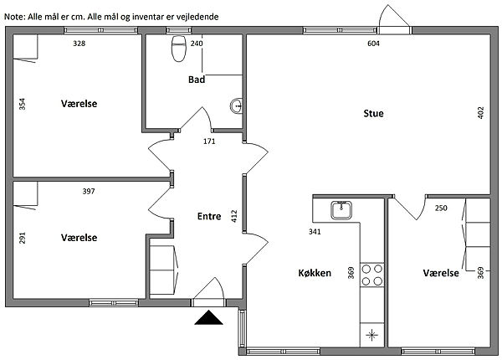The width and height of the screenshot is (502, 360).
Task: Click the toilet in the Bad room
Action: coord(179,49)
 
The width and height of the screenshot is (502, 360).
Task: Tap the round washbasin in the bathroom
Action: coord(237,105)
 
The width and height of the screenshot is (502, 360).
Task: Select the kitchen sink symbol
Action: coord(341,210)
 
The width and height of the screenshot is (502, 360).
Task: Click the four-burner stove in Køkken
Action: coord(372,275)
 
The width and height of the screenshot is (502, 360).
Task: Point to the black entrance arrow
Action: coord(208,317)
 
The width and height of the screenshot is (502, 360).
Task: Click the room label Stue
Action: coord(373,113)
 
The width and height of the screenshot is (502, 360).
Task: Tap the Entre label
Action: coord(209,216)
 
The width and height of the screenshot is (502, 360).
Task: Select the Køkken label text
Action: coord(315,273)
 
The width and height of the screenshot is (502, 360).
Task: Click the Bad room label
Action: coord(197,80)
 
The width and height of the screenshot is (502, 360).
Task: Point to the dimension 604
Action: coord(373,44)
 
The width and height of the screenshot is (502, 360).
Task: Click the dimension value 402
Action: coord(480,113)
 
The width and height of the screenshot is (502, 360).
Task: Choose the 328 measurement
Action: coord(79,44)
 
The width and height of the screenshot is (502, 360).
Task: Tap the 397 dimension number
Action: coord(89,191)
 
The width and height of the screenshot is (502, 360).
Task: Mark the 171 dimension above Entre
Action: coord(209,141)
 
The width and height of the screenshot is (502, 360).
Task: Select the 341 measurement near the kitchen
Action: coord(315,231)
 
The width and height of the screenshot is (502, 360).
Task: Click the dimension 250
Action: coord(441,208)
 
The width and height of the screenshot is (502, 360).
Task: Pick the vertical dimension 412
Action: coord(234,216)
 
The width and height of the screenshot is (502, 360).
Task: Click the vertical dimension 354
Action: coord(22,104)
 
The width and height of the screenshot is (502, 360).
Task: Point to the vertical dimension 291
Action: coord(22,238)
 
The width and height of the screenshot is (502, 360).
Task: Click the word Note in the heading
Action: coord(14,17)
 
